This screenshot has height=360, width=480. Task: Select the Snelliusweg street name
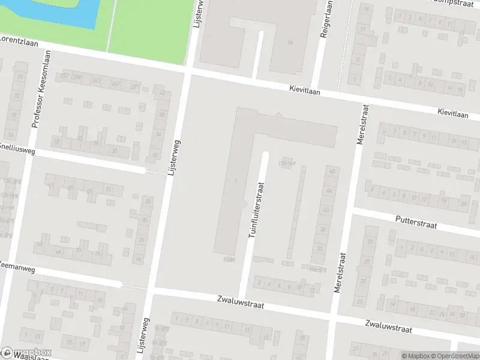17,148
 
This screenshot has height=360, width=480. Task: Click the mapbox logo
26,353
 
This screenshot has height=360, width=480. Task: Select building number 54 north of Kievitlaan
290,42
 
